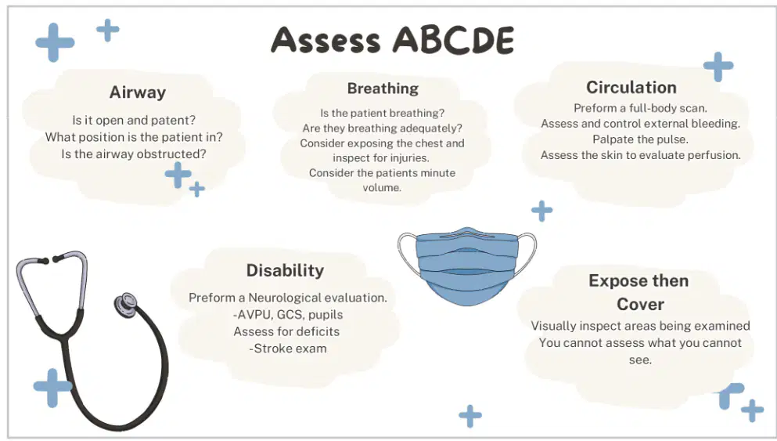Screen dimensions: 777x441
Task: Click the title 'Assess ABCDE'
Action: [x=393, y=40]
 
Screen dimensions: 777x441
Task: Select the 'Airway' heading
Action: [x=137, y=92]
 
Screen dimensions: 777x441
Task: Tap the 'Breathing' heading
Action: [x=383, y=89]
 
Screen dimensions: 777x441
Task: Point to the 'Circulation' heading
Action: [x=631, y=87]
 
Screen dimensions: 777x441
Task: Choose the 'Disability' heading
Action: [x=285, y=270]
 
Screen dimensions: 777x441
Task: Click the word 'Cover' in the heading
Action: [x=640, y=304]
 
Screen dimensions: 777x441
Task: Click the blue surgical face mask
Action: [x=467, y=266]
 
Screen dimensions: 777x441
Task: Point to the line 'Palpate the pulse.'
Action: [x=640, y=139]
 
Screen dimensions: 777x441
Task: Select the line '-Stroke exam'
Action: [x=288, y=349]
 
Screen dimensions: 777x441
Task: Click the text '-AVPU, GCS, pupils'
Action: [x=288, y=315]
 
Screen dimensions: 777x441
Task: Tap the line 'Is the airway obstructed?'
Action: [x=134, y=154]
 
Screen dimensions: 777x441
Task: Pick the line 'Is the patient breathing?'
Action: [x=382, y=113]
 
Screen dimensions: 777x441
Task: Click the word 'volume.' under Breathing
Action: [x=382, y=187]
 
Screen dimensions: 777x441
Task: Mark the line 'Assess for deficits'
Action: [x=286, y=331]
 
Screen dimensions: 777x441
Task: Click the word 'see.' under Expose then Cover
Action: [x=640, y=360]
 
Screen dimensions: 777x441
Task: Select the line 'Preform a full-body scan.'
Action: [x=640, y=108]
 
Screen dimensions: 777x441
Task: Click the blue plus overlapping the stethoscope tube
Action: [x=52, y=388]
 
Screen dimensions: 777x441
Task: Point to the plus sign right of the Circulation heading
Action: [x=718, y=67]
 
